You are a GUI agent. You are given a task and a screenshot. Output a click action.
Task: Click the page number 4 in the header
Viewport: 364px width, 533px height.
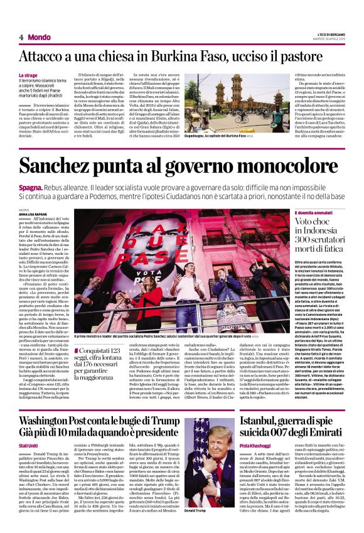point(21,37)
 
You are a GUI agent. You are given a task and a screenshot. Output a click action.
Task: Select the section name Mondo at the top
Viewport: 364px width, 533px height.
point(40,37)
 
